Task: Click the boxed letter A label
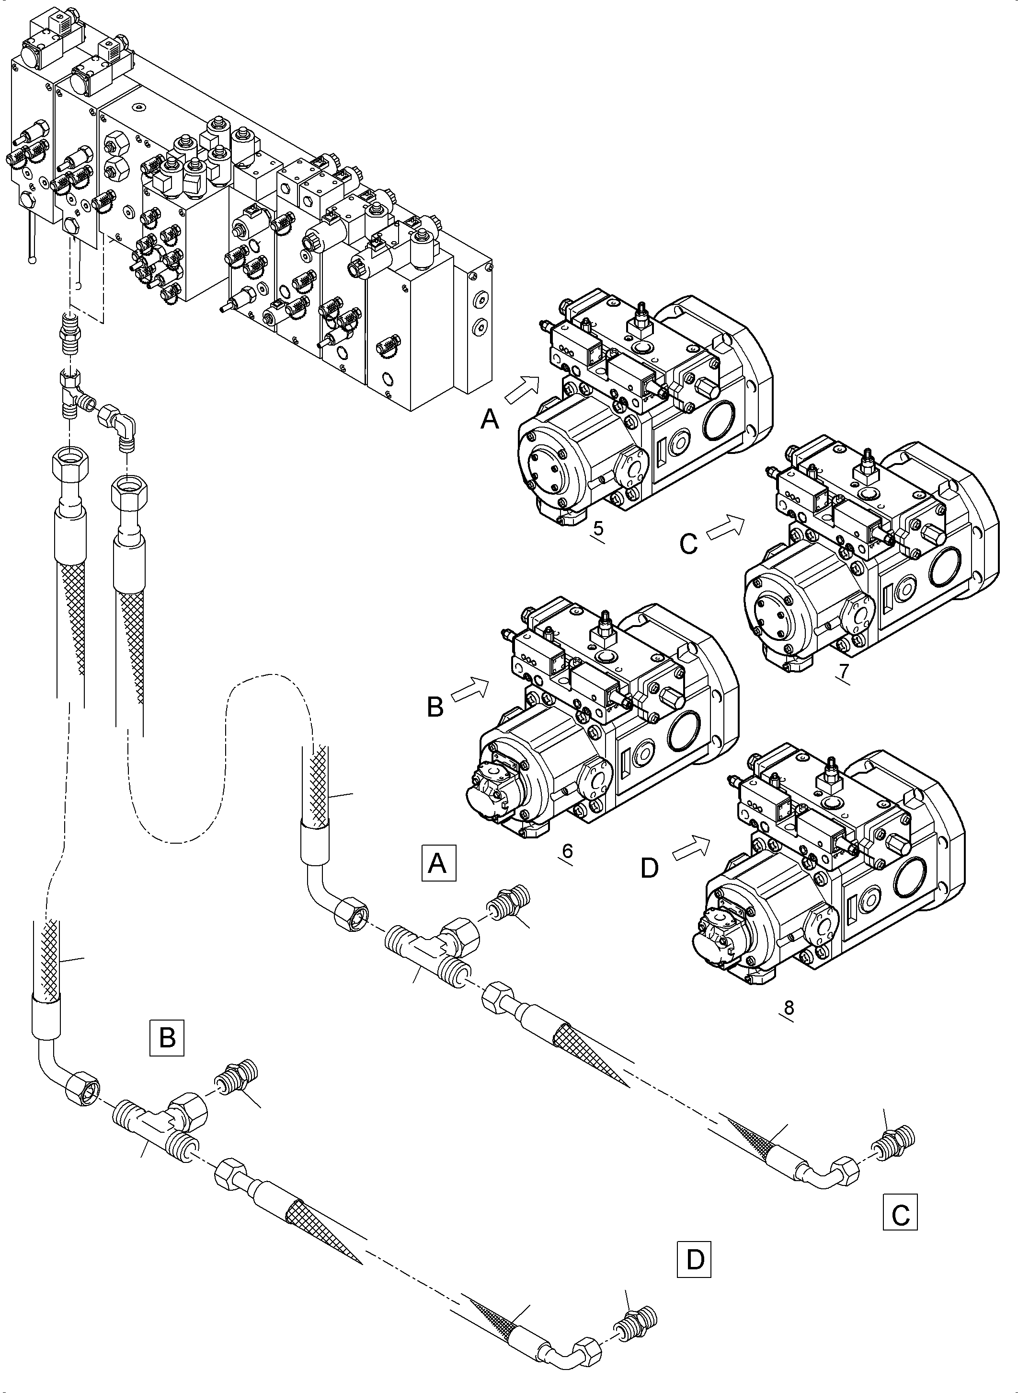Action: [x=438, y=863]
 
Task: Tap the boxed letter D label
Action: [x=695, y=1259]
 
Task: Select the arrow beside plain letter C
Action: [x=725, y=528]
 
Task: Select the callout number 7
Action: [x=844, y=670]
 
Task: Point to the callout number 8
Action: [x=788, y=1008]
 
